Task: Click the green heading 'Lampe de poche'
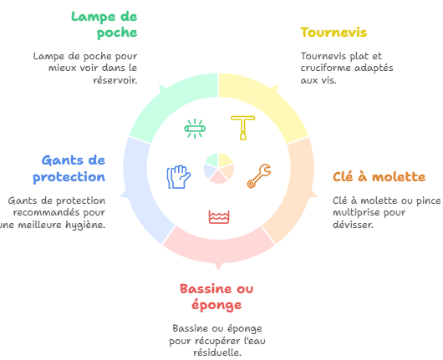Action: coord(104,24)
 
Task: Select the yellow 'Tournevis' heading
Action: coord(334,33)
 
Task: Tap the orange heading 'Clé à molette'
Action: coord(379,177)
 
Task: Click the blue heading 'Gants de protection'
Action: coord(69,169)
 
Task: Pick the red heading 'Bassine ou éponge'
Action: coord(216,297)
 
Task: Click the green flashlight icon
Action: coord(195,129)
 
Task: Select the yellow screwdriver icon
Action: coord(243,128)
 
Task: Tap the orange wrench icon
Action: coord(259,176)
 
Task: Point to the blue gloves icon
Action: coord(179,177)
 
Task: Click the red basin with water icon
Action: coord(219,216)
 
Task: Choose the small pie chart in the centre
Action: coord(219,169)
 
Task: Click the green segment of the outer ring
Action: coord(172,107)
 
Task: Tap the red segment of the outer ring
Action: coord(218,248)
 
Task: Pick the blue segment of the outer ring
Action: coord(139,192)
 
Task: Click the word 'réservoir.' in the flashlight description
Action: coord(115,80)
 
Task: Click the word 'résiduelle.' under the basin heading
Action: coord(217,352)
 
